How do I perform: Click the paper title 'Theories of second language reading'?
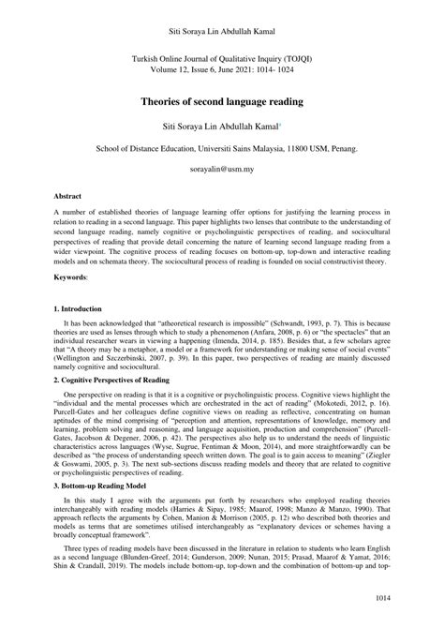pyautogui.click(x=221, y=97)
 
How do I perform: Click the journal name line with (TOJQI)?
pyautogui.click(x=221, y=57)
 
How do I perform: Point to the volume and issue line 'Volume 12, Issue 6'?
pyautogui.click(x=221, y=68)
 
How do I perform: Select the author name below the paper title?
pyautogui.click(x=218, y=124)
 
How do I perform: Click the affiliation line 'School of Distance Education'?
pyautogui.click(x=221, y=148)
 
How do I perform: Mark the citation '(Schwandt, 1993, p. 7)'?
pyautogui.click(x=331, y=321)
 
